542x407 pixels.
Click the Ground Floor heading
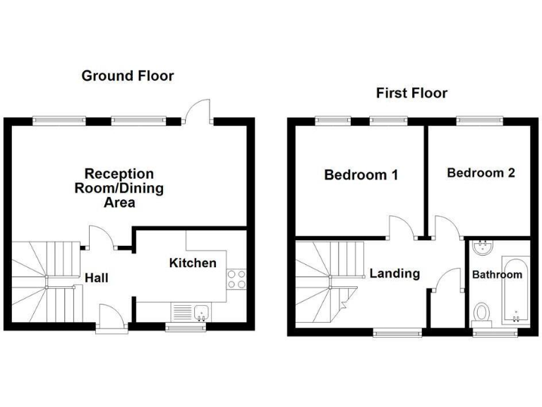coord(127,76)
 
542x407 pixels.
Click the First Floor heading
coord(411,93)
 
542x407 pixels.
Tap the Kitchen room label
coord(193,264)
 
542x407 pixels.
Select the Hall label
coord(96,278)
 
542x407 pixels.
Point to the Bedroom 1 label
coord(361,175)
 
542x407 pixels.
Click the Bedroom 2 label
coord(481,172)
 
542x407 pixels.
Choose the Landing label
coord(395,273)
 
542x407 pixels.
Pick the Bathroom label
coord(498,274)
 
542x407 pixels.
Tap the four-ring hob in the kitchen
coord(236,279)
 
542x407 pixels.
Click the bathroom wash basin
coord(483,248)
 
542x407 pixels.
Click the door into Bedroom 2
coord(447,226)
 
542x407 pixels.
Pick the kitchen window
coord(186,328)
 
